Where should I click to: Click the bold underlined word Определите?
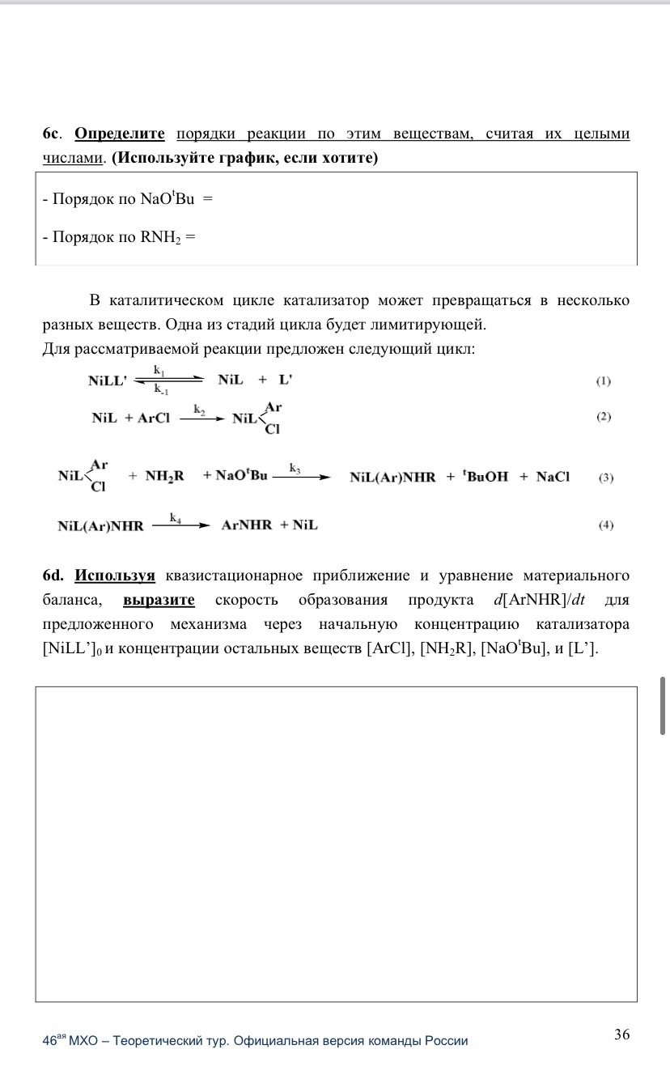click(x=120, y=134)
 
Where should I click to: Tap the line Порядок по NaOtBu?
click(x=127, y=198)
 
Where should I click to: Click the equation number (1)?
click(x=604, y=380)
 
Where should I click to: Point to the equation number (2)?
click(x=604, y=417)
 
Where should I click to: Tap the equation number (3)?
click(x=605, y=478)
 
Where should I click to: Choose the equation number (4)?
click(x=605, y=525)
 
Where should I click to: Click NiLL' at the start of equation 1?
click(x=108, y=381)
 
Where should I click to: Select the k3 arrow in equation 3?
click(x=301, y=477)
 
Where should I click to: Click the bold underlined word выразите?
click(x=159, y=601)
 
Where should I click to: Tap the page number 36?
click(x=621, y=1034)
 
